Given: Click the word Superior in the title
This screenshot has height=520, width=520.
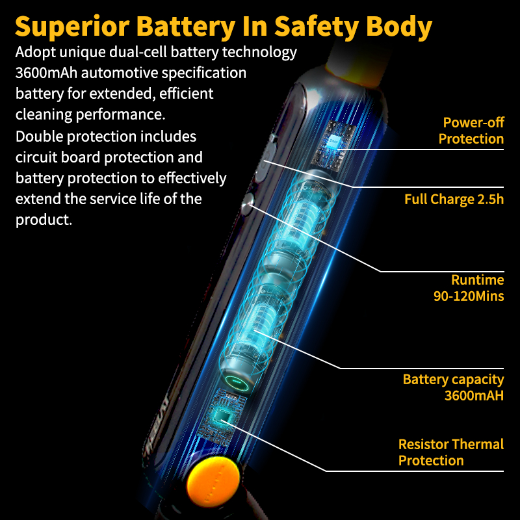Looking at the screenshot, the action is (x=72, y=27).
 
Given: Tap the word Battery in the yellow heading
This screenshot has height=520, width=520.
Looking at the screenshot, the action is (x=186, y=26).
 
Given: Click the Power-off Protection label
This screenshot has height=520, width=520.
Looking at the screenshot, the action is (x=471, y=131).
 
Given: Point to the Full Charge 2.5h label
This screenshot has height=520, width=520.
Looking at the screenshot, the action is (x=454, y=200).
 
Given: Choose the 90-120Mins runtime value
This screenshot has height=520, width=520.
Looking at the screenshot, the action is (x=469, y=296).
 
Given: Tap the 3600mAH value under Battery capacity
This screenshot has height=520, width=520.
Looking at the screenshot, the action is (x=474, y=395).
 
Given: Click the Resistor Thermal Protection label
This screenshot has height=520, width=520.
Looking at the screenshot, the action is (x=451, y=452).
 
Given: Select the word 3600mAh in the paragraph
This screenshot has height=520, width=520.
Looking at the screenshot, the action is (x=46, y=73).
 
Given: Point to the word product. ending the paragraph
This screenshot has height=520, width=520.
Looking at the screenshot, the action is (x=44, y=220).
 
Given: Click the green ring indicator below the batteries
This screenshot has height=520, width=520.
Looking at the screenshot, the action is (x=237, y=382).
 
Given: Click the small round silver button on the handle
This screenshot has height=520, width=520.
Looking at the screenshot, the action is (x=248, y=203).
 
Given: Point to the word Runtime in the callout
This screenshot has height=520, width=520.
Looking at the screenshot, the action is (x=478, y=280).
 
